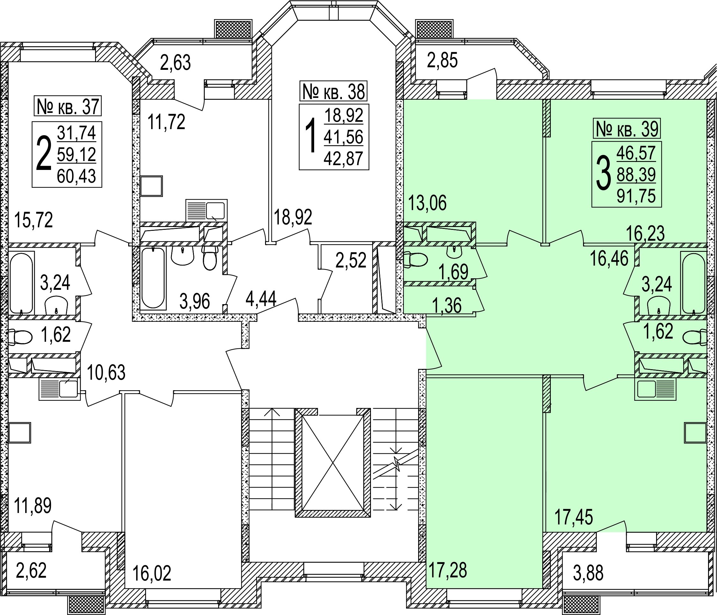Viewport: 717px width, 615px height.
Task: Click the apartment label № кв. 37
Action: click(x=68, y=106)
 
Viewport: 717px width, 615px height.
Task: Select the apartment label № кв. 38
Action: click(x=334, y=91)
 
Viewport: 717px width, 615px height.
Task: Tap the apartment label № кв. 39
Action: click(x=627, y=129)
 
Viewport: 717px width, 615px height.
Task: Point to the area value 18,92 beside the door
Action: click(x=293, y=217)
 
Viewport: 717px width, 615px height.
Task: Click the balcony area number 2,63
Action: click(x=175, y=63)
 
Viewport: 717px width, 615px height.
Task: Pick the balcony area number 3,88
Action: click(x=588, y=573)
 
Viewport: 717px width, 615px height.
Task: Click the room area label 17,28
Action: click(x=448, y=570)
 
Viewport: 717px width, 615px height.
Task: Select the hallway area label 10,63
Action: click(x=106, y=372)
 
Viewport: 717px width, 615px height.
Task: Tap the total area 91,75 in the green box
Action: click(x=636, y=196)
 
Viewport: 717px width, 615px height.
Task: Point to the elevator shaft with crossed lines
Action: click(x=333, y=463)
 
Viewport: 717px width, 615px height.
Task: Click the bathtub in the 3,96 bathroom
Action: click(x=153, y=278)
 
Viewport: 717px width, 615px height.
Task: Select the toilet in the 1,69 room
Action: click(x=415, y=260)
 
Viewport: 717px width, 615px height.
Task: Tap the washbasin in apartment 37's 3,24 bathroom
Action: click(x=56, y=305)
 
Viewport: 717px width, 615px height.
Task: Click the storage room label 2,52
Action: click(x=351, y=260)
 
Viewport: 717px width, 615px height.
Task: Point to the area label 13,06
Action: click(x=427, y=203)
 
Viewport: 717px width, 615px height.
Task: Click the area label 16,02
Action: click(x=152, y=574)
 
